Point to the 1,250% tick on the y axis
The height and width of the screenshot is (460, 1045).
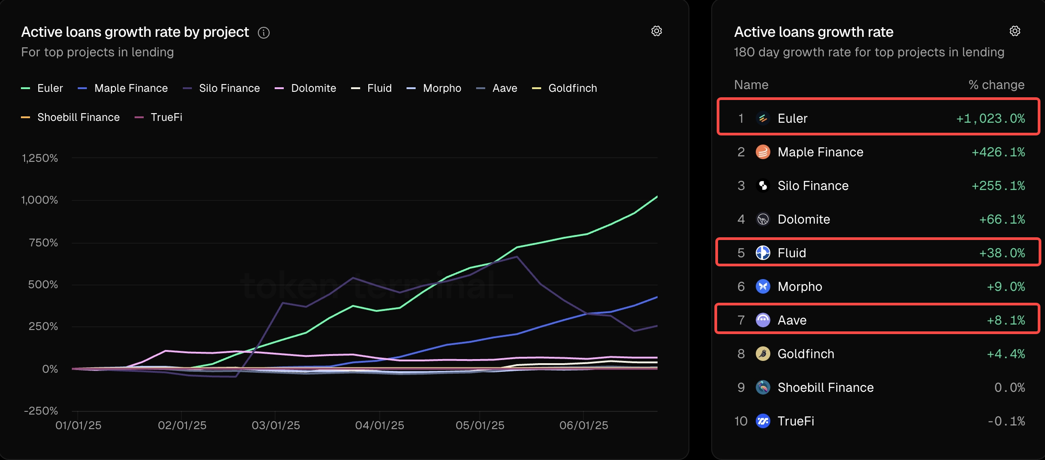pyautogui.click(x=40, y=158)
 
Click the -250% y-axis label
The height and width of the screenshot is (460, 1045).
pyautogui.click(x=41, y=411)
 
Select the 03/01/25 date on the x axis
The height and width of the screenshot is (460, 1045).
pyautogui.click(x=276, y=425)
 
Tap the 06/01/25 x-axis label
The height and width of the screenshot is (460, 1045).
pyautogui.click(x=583, y=425)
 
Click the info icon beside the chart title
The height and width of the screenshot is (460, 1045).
pyautogui.click(x=264, y=33)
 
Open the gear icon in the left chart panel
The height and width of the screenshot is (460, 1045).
pyautogui.click(x=656, y=31)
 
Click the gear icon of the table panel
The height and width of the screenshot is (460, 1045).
pyautogui.click(x=1015, y=31)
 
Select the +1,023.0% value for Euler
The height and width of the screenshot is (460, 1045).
pyautogui.click(x=990, y=119)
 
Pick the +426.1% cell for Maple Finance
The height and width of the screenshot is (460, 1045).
pyautogui.click(x=998, y=152)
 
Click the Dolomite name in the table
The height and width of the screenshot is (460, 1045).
pyautogui.click(x=804, y=220)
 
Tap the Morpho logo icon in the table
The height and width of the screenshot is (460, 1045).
pyautogui.click(x=763, y=286)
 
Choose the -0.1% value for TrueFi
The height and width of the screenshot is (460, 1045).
pyautogui.click(x=1005, y=421)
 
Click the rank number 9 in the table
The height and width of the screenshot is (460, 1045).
pyautogui.click(x=741, y=387)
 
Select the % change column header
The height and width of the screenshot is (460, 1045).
pyautogui.click(x=996, y=85)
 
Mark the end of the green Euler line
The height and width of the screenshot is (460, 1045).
pyautogui.click(x=657, y=196)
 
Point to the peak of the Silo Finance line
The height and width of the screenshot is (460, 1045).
pyautogui.click(x=517, y=257)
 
